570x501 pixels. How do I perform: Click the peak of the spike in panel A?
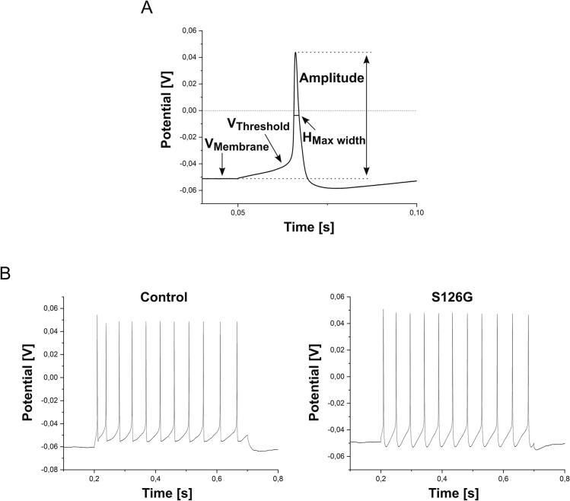(x=295, y=53)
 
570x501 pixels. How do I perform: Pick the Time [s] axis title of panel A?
(x=309, y=228)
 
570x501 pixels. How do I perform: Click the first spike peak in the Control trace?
(x=97, y=315)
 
